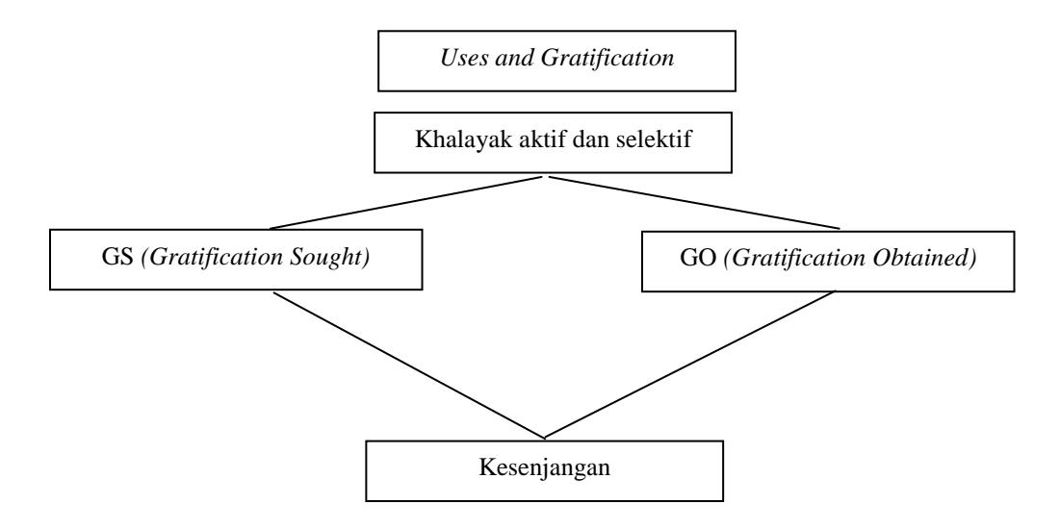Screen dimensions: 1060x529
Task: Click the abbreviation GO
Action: (x=698, y=260)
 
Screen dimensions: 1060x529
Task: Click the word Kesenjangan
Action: (x=544, y=467)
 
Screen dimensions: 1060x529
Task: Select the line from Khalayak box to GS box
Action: (x=405, y=203)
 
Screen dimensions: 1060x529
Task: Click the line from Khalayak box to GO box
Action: (x=694, y=203)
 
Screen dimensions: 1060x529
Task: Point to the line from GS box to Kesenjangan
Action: (x=408, y=365)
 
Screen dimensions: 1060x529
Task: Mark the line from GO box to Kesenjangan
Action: (x=689, y=365)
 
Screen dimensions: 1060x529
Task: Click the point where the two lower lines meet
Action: (x=544, y=438)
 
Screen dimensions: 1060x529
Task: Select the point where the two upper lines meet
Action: (x=546, y=176)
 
